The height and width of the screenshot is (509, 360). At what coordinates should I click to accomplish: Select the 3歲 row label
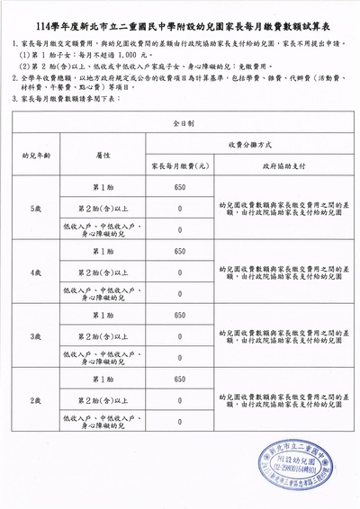pos(36,335)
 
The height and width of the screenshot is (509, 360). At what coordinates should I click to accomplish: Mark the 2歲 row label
pos(36,399)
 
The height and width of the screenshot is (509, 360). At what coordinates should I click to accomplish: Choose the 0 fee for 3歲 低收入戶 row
pos(180,357)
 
